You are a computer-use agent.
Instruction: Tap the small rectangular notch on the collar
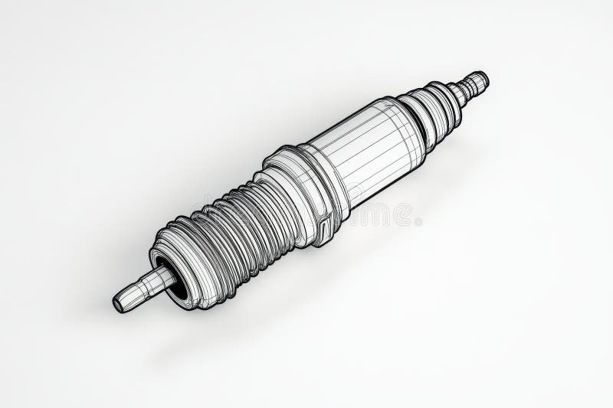(325, 225)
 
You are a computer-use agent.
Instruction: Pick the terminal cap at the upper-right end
(478, 79)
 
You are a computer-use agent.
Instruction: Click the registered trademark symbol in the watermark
(418, 222)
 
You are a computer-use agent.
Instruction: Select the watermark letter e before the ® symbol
(405, 215)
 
